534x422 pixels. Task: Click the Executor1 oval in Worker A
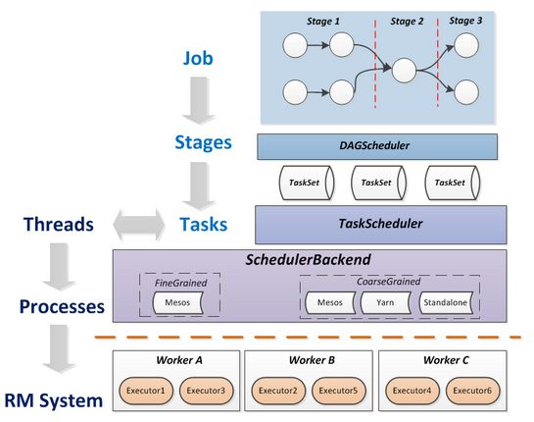(146, 391)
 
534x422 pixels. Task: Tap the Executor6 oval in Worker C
(472, 391)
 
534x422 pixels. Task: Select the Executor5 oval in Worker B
(338, 391)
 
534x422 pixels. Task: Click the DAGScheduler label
(374, 145)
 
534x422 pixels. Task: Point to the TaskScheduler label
(380, 224)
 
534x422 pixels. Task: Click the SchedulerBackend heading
(308, 260)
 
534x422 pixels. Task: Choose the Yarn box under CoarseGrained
(385, 302)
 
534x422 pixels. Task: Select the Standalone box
(446, 302)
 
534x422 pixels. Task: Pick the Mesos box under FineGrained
(177, 302)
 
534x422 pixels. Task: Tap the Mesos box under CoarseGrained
(329, 302)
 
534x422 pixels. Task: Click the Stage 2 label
(407, 22)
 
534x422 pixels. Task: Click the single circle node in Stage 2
(405, 71)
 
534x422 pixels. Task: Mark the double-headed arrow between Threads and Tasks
(138, 225)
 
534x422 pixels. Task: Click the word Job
(198, 58)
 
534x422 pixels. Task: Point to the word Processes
(62, 306)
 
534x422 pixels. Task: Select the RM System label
(54, 400)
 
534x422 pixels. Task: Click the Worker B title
(312, 360)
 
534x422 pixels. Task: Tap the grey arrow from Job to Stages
(199, 100)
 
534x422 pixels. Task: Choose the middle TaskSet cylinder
(379, 183)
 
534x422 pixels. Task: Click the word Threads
(59, 225)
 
